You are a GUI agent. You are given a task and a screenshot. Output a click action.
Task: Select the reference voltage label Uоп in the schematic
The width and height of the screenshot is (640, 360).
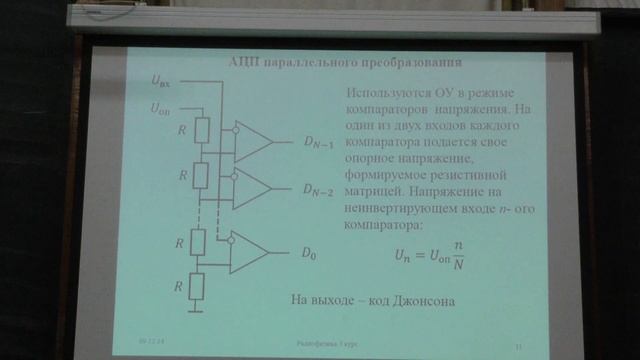(x=161, y=107)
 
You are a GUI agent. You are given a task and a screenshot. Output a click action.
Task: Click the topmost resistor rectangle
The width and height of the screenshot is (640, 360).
(x=200, y=130)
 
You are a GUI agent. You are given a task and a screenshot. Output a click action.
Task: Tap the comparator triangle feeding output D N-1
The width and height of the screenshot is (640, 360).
(x=252, y=142)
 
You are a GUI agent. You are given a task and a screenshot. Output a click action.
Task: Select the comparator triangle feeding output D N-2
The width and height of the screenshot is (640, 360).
(x=252, y=187)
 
